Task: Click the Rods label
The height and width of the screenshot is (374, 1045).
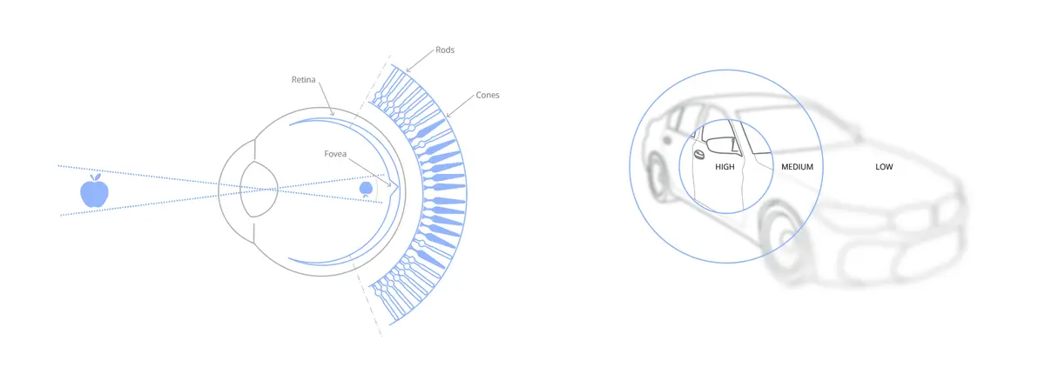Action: pos(445,50)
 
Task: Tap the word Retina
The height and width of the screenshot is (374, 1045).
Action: pos(303,80)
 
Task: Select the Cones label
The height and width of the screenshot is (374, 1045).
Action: pos(488,95)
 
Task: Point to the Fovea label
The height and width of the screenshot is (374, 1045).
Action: pos(335,154)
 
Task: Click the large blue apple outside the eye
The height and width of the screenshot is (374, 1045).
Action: pos(94,190)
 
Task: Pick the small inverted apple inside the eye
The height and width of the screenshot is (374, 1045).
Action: pos(366,189)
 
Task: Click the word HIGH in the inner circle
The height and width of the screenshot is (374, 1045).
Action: pos(725,167)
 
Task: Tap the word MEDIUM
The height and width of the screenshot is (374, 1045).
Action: pos(798,167)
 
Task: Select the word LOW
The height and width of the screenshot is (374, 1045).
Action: pos(884,167)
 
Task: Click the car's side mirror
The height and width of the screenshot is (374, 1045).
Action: pos(722,144)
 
